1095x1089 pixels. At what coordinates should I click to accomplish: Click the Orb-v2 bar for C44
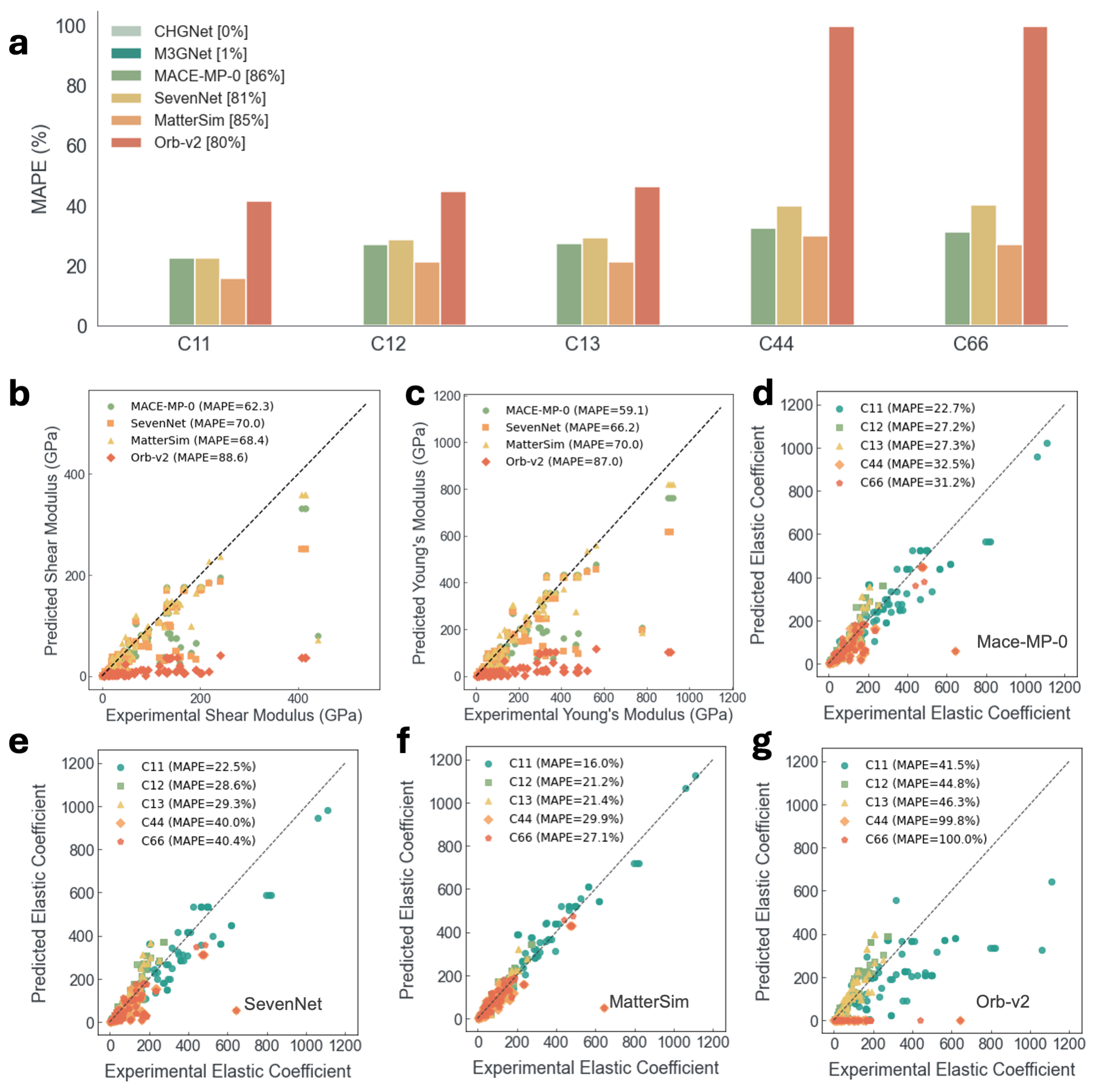[841, 176]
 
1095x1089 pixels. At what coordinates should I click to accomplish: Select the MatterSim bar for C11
[233, 302]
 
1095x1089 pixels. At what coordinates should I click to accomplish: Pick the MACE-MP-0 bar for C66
[957, 279]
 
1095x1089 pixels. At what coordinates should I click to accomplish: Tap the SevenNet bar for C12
[401, 282]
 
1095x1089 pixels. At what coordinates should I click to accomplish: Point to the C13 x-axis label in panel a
[582, 344]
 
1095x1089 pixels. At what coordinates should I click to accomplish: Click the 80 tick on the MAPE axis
[76, 87]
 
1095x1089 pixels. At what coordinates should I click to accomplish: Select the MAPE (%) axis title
[40, 169]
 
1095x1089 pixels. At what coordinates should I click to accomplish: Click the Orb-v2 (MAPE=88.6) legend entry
[189, 457]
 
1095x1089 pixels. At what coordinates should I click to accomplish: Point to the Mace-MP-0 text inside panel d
[1021, 642]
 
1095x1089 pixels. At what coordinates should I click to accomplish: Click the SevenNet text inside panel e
[283, 1004]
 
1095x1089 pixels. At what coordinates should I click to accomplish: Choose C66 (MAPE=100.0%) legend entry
[925, 839]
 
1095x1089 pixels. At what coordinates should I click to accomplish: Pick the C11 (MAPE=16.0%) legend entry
[565, 763]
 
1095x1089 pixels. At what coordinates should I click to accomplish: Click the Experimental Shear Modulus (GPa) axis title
[234, 715]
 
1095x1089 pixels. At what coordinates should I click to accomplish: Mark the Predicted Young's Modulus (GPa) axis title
[418, 543]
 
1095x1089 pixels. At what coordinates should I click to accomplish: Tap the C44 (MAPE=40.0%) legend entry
[198, 823]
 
